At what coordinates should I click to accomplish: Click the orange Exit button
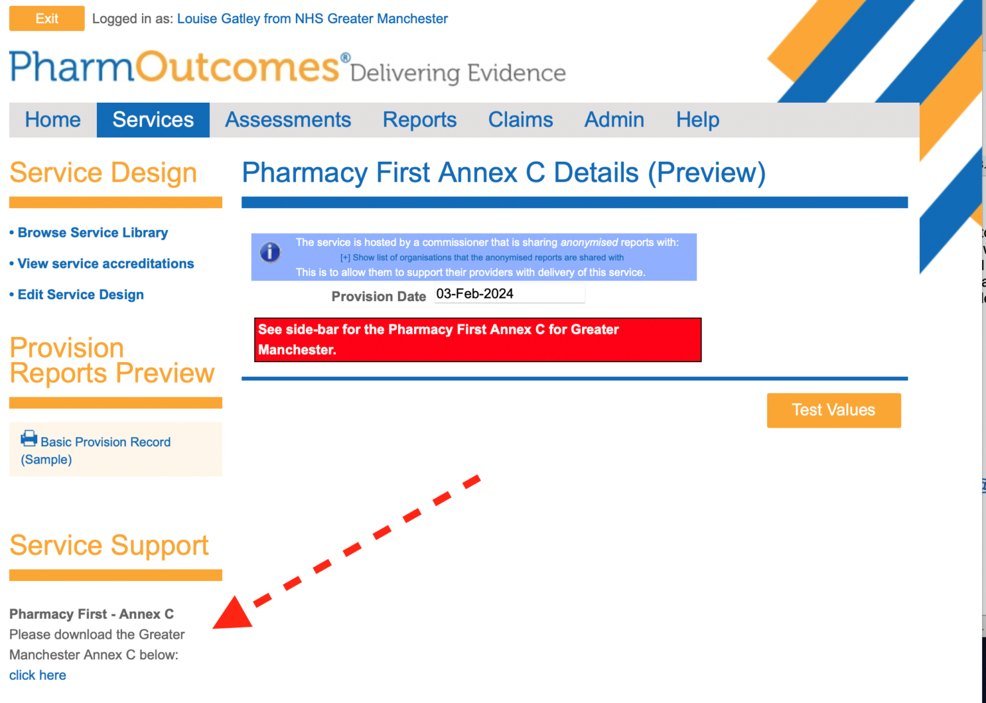pyautogui.click(x=46, y=19)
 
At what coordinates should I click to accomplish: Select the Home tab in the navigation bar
pyautogui.click(x=53, y=120)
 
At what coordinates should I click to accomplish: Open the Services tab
pyautogui.click(x=153, y=120)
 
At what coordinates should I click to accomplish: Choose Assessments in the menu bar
pyautogui.click(x=288, y=120)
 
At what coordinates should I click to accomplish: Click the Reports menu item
pyautogui.click(x=419, y=120)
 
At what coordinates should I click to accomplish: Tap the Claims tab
pyautogui.click(x=520, y=120)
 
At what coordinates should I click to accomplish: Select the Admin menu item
pyautogui.click(x=614, y=120)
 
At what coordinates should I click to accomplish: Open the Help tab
pyautogui.click(x=697, y=120)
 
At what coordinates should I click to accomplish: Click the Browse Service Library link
pyautogui.click(x=92, y=232)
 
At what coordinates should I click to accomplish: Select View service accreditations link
pyautogui.click(x=105, y=263)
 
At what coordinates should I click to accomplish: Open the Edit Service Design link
pyautogui.click(x=80, y=295)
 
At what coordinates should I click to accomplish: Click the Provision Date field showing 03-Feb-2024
pyautogui.click(x=509, y=294)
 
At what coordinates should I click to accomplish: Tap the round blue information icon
pyautogui.click(x=270, y=252)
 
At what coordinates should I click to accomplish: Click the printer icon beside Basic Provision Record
pyautogui.click(x=29, y=438)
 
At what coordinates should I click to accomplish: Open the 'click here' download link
pyautogui.click(x=37, y=675)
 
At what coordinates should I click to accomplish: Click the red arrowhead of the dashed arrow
pyautogui.click(x=232, y=614)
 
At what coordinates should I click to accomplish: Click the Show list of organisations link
pyautogui.click(x=481, y=257)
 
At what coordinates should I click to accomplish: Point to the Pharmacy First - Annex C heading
pyautogui.click(x=91, y=614)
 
